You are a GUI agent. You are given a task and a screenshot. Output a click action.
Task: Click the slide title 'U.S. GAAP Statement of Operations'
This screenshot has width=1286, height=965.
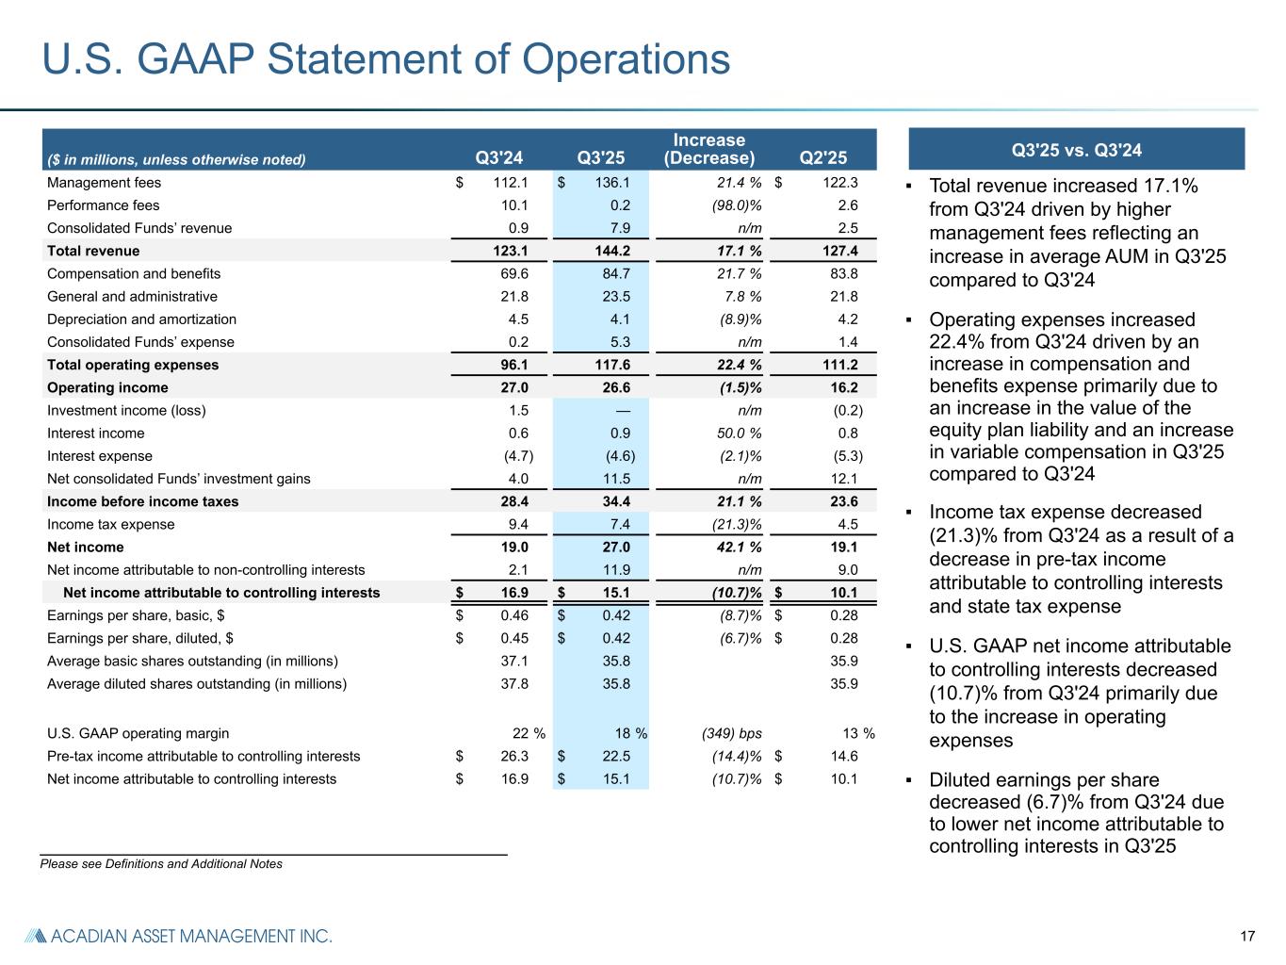(x=386, y=59)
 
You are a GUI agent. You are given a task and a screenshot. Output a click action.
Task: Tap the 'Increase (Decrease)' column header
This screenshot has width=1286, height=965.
(x=708, y=149)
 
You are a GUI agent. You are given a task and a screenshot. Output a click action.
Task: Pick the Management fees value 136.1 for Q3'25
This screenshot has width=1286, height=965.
(x=612, y=183)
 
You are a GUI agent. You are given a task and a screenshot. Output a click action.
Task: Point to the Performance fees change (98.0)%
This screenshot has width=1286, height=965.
(x=733, y=205)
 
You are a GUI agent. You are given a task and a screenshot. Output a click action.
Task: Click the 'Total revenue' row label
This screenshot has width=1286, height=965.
(x=93, y=251)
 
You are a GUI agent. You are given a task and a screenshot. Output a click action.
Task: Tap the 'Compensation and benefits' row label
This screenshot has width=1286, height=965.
(x=134, y=273)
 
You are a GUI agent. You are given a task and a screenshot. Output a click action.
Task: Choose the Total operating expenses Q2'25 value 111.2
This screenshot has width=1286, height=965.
(x=839, y=365)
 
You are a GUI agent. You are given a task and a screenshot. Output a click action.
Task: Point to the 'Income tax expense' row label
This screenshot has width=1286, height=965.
(x=111, y=524)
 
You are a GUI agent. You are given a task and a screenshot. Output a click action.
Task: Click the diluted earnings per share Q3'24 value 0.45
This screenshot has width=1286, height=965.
(x=514, y=638)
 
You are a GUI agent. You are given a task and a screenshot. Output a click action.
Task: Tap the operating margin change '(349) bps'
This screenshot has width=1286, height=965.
(x=731, y=733)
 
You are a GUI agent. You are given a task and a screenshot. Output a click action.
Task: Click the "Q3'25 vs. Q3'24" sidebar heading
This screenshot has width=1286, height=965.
(x=1076, y=150)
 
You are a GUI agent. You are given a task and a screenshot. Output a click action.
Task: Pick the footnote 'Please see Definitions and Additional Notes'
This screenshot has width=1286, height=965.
(x=161, y=863)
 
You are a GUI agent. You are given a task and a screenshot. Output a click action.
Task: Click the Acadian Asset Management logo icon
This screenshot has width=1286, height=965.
(x=34, y=936)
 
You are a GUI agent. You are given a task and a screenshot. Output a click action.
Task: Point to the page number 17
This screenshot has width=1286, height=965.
(x=1247, y=936)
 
